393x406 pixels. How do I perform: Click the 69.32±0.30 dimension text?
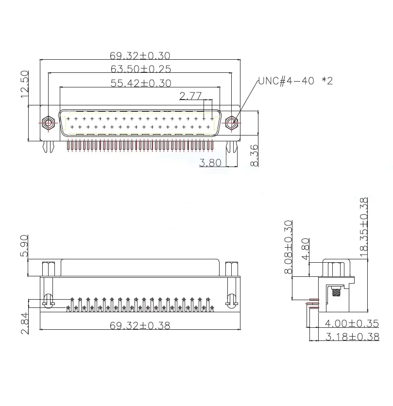(x=141, y=56)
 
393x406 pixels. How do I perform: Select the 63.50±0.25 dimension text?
(x=141, y=69)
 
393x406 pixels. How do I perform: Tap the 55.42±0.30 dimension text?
(x=141, y=83)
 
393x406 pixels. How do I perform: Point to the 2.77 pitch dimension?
(x=190, y=96)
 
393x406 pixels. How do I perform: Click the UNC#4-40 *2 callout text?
(x=295, y=81)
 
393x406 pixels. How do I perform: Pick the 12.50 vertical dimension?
(x=25, y=84)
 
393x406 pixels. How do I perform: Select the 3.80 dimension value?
(x=210, y=163)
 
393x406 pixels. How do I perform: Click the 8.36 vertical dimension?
(x=254, y=155)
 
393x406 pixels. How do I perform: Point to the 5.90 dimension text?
(x=25, y=247)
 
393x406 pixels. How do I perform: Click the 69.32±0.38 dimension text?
(x=141, y=325)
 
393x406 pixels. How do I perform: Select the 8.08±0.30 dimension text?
(x=288, y=247)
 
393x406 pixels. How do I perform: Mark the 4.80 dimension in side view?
(x=305, y=249)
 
